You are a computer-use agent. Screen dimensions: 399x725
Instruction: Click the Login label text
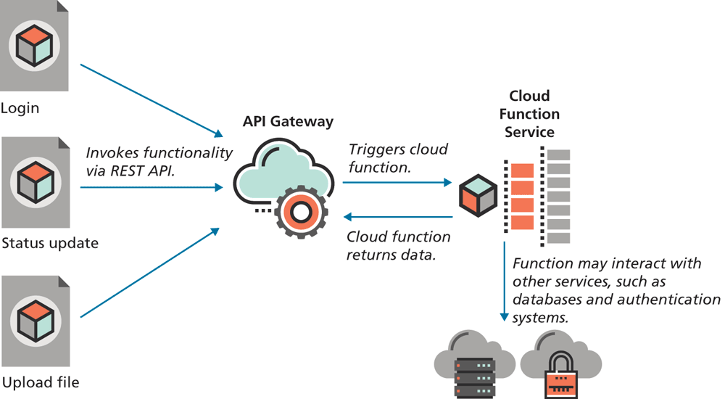20,109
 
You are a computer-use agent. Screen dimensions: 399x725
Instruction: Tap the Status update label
50,243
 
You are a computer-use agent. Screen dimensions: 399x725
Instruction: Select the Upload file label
41,382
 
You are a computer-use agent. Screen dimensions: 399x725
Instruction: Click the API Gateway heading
288,122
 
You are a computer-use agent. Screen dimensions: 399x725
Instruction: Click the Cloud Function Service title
529,114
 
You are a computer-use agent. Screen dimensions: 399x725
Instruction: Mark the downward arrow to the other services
503,283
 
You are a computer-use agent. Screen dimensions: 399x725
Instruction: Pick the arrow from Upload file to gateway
149,273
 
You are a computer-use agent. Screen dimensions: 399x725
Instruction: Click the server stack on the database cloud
475,374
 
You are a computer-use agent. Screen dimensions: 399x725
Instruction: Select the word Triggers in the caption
375,149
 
